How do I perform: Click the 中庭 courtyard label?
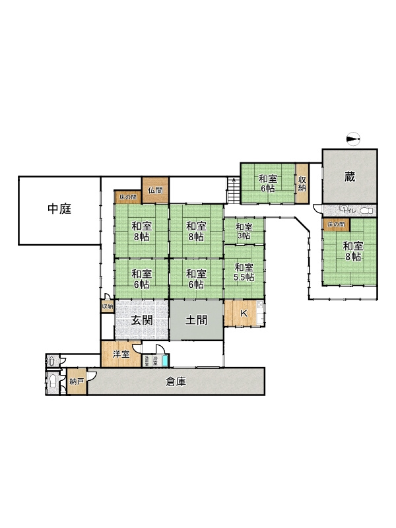tap(59, 209)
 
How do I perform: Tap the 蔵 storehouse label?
tap(350, 176)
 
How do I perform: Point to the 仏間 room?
tap(156, 190)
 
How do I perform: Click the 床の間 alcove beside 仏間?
tap(128, 197)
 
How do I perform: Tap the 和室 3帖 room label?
tap(244, 231)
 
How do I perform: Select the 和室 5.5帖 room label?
tap(244, 272)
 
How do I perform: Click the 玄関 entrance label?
tap(143, 321)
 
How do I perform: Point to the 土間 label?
tap(196, 321)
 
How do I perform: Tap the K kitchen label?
tap(243, 312)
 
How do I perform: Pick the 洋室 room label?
tap(120, 354)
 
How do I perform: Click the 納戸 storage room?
tap(77, 381)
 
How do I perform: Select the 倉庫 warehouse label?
tap(176, 381)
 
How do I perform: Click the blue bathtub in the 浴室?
tap(165, 360)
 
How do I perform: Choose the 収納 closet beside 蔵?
tap(302, 183)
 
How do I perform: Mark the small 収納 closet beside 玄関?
tap(107, 306)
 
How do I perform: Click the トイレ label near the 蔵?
tap(348, 210)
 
